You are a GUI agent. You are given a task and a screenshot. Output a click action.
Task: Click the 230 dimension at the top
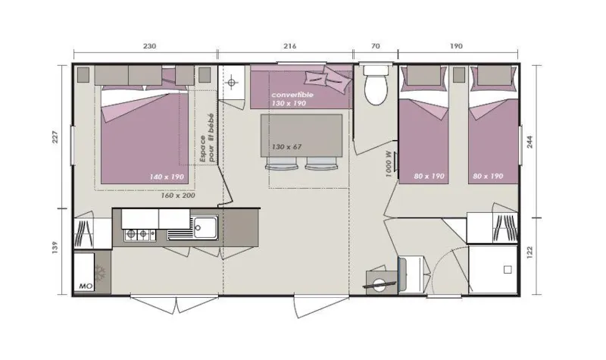[x=149, y=46]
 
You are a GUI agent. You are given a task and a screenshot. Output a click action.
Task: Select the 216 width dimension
[x=289, y=46]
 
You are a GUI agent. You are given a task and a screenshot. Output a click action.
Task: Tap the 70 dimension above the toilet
[x=375, y=46]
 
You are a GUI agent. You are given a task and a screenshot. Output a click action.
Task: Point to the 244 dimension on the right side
[x=540, y=142]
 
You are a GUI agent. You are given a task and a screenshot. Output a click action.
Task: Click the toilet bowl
[x=374, y=92]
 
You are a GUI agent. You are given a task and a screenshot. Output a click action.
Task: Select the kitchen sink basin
[x=204, y=226]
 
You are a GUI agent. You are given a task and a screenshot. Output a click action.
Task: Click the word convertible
[x=292, y=95]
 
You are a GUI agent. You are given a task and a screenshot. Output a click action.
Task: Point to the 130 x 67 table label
[x=286, y=146]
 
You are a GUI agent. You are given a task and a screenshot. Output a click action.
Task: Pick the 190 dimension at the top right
[x=456, y=46]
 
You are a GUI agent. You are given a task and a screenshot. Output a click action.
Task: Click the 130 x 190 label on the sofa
[x=289, y=104]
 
